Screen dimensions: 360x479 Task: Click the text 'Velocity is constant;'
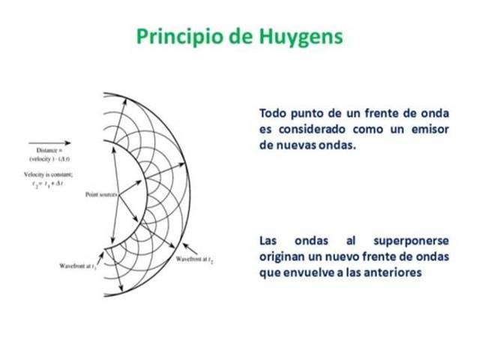coord(46,173)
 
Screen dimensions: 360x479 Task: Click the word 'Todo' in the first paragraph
coord(274,114)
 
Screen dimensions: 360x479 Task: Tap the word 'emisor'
coord(429,130)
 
